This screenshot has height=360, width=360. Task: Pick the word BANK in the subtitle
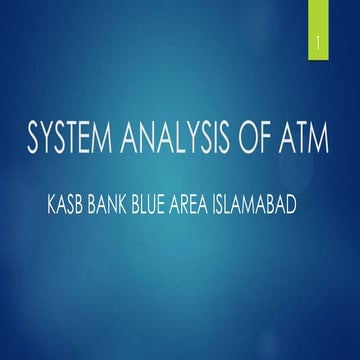tap(115, 213)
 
